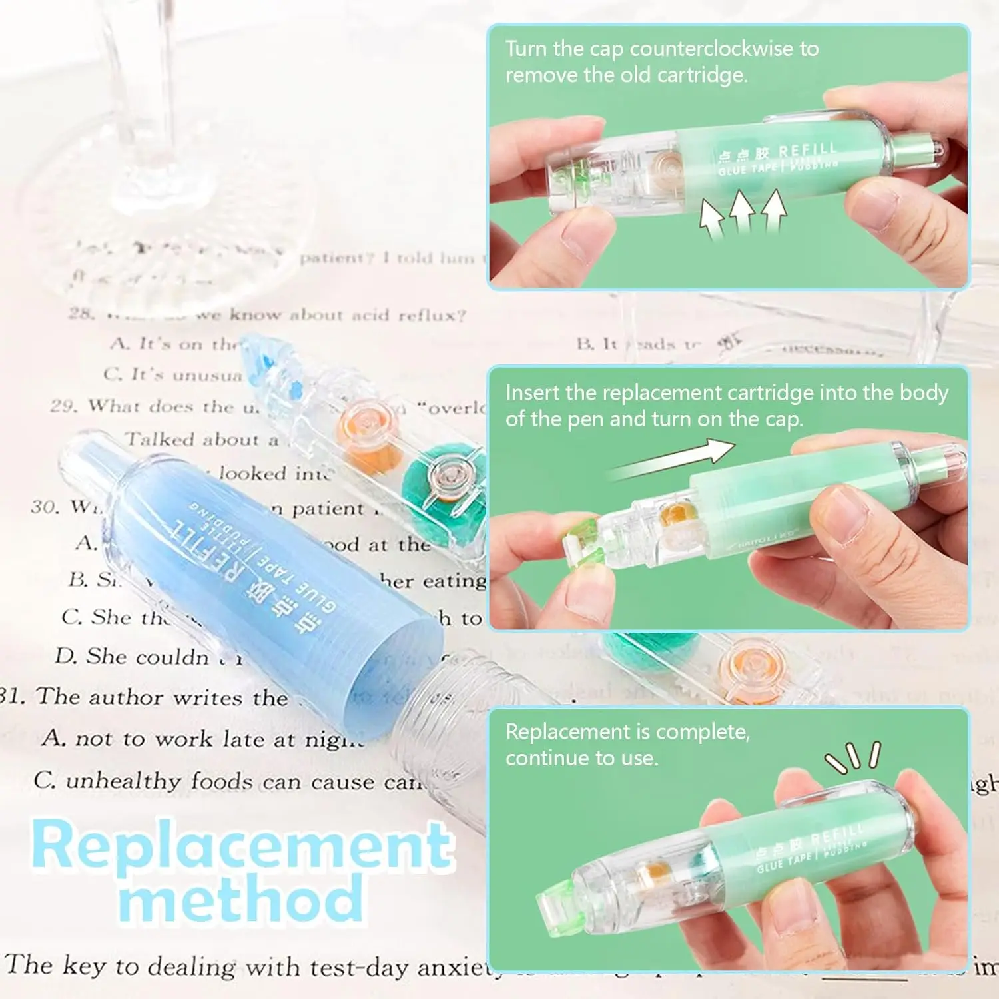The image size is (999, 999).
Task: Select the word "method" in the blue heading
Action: pyautogui.click(x=241, y=899)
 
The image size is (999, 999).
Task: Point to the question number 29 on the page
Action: pyautogui.click(x=63, y=406)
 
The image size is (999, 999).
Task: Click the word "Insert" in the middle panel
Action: pyautogui.click(x=532, y=393)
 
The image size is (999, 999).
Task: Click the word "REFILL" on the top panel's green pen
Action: pyautogui.click(x=807, y=151)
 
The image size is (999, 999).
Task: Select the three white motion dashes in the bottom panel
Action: pyautogui.click(x=854, y=757)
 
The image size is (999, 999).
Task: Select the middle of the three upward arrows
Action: pyautogui.click(x=741, y=212)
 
